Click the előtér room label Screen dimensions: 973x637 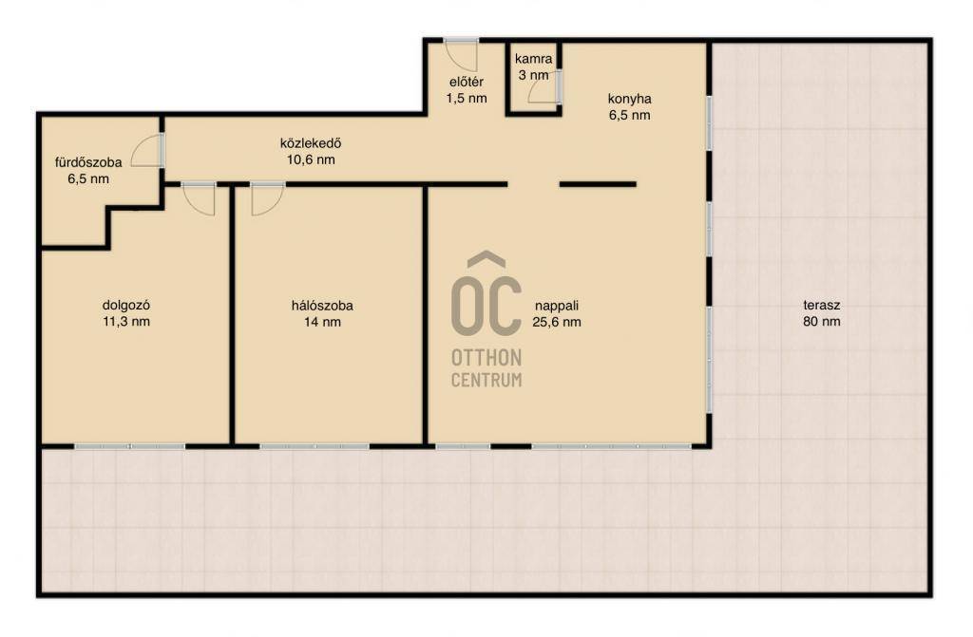click(466, 82)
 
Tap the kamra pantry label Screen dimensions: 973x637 click(533, 60)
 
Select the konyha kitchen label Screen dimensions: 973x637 click(629, 99)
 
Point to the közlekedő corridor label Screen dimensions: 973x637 click(311, 143)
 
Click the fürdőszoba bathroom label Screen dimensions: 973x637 click(88, 163)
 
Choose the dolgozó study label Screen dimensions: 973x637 click(126, 306)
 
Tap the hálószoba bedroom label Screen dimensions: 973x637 click(322, 306)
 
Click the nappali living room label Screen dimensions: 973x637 click(557, 306)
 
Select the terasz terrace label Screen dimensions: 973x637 click(822, 305)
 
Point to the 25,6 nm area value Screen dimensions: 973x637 click(557, 322)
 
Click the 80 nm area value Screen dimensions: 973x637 click(822, 321)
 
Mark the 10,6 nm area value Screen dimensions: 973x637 click(311, 160)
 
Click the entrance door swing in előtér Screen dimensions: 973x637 click(461, 54)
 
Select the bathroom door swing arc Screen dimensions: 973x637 click(146, 151)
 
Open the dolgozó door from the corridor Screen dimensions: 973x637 click(200, 199)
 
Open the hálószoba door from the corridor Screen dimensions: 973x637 click(267, 199)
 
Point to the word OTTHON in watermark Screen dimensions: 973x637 click(486, 358)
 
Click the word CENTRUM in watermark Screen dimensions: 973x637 click(486, 380)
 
